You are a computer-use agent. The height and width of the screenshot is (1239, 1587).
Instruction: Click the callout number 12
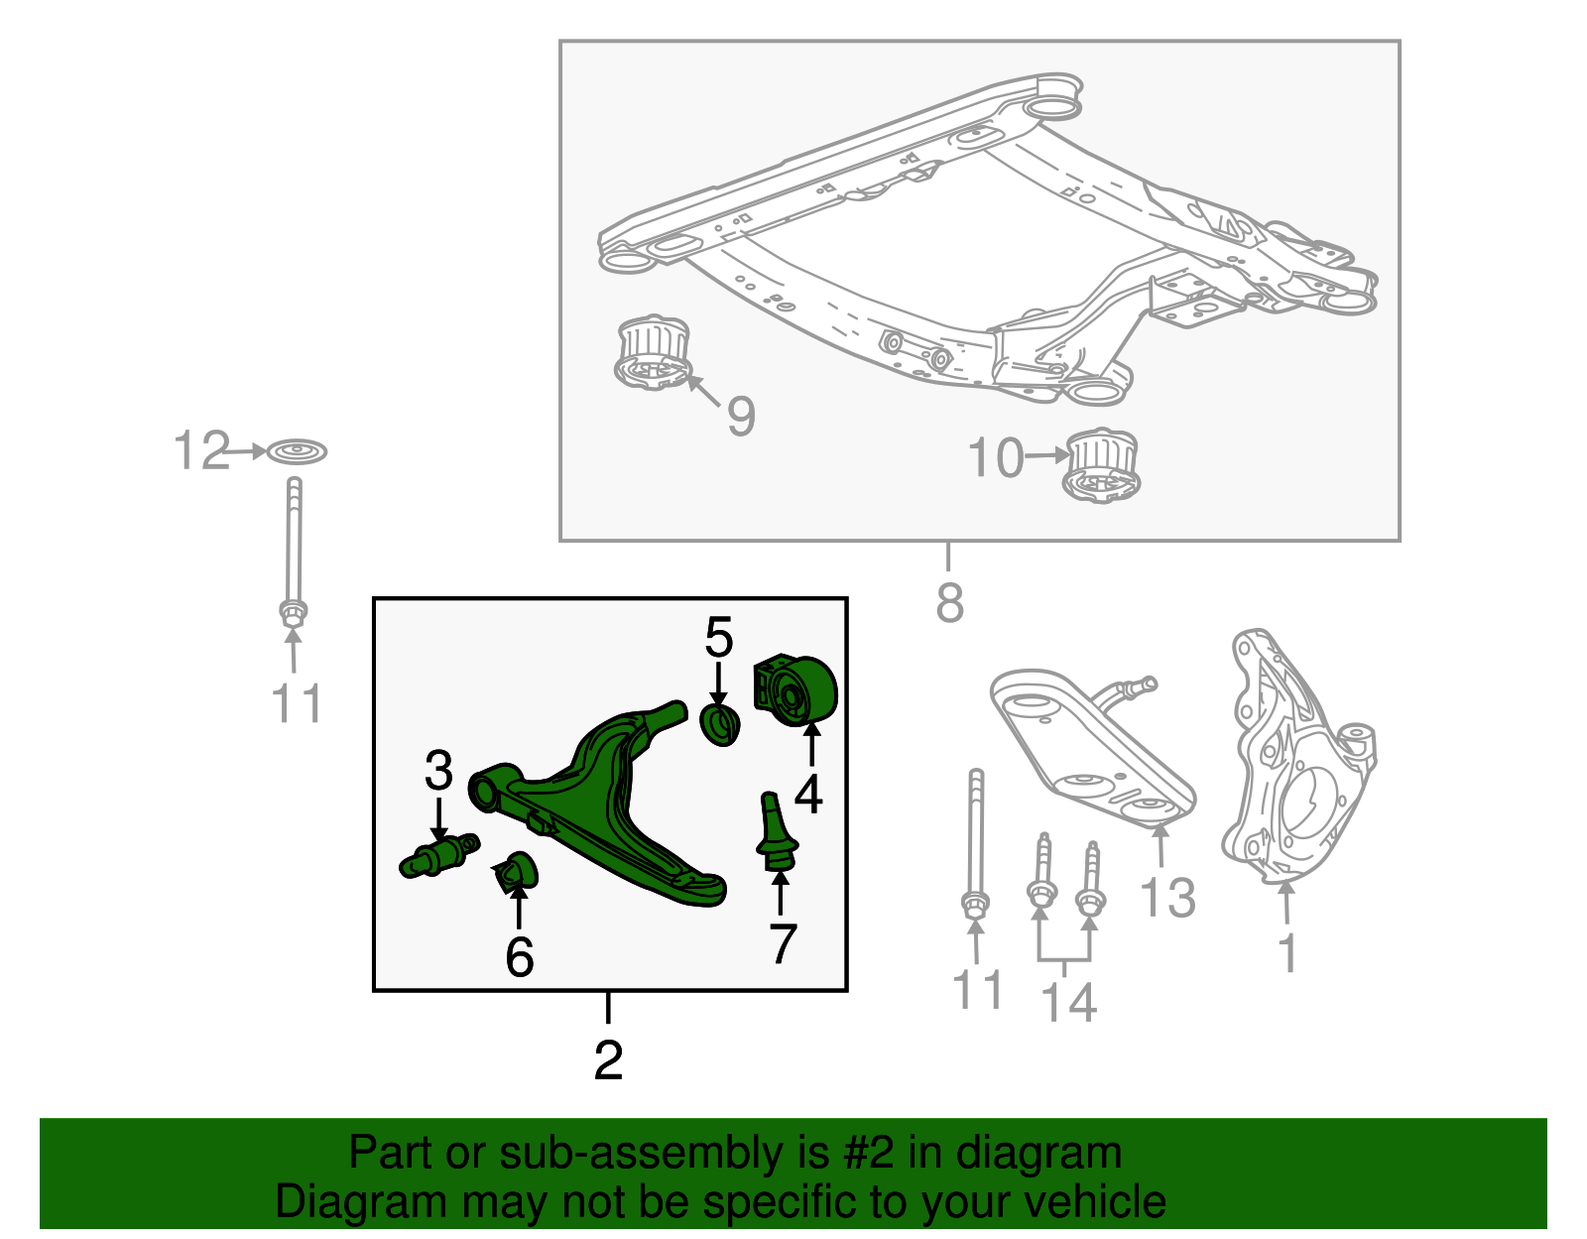pyautogui.click(x=201, y=451)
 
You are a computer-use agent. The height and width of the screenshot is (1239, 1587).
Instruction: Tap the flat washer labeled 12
pyautogui.click(x=297, y=452)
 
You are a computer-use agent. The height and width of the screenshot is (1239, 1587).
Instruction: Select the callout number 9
pyautogui.click(x=741, y=416)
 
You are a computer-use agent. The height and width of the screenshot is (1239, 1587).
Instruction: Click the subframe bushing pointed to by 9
pyautogui.click(x=652, y=353)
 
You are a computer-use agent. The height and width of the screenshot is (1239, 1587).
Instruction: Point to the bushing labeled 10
pyautogui.click(x=1102, y=465)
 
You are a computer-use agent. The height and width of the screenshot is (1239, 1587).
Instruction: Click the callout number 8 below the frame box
pyautogui.click(x=949, y=602)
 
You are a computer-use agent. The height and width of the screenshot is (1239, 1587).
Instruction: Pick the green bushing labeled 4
pyautogui.click(x=799, y=691)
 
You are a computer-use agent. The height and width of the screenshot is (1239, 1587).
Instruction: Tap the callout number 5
pyautogui.click(x=719, y=637)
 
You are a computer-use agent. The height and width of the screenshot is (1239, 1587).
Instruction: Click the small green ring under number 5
pyautogui.click(x=720, y=725)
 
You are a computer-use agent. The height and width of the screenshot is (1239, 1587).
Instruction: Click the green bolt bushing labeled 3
pyautogui.click(x=439, y=856)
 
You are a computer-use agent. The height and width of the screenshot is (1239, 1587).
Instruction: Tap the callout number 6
pyautogui.click(x=519, y=956)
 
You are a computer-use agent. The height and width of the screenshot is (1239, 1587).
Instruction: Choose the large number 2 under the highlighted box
pyautogui.click(x=608, y=1060)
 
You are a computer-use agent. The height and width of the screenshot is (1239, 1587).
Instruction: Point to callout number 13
pyautogui.click(x=1167, y=898)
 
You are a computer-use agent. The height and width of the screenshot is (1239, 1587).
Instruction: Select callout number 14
pyautogui.click(x=1068, y=1002)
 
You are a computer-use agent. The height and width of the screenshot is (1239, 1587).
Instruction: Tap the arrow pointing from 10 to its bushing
pyautogui.click(x=1047, y=456)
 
